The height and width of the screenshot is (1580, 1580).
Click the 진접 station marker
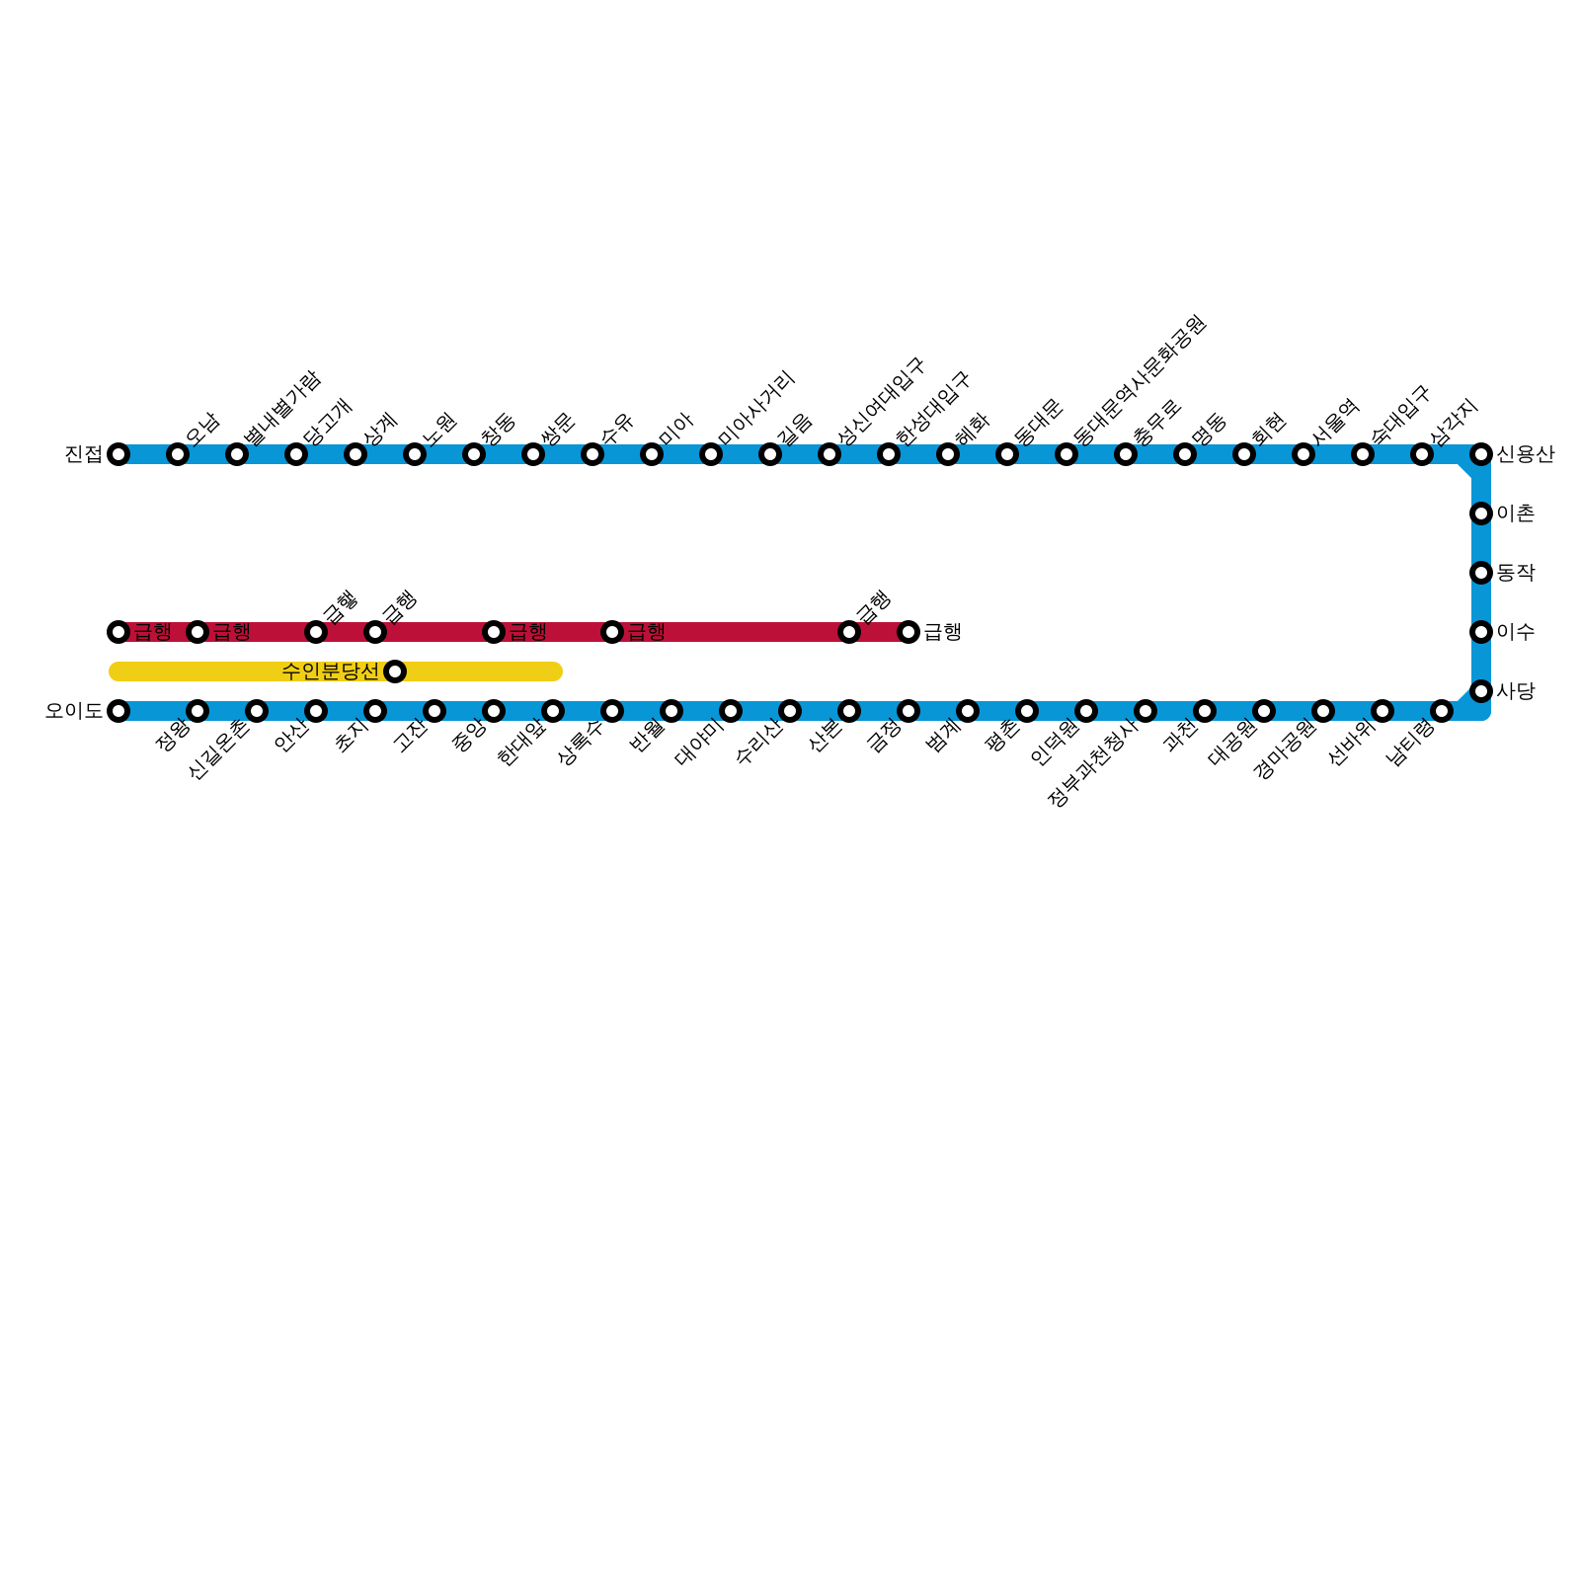pos(118,454)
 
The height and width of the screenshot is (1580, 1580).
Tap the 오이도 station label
pos(74,711)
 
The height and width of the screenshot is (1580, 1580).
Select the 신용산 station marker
pos(1481,454)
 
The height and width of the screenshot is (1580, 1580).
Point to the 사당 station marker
pos(1481,691)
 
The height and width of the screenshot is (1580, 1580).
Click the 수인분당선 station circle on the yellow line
pos(395,671)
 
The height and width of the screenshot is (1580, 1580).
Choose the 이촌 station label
pos(1516,513)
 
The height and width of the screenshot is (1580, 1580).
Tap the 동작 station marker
pos(1481,573)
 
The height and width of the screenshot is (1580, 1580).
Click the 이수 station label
pos(1516,632)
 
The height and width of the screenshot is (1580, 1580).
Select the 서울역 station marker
pos(1303,454)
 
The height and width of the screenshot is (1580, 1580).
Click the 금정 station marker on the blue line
pos(908,711)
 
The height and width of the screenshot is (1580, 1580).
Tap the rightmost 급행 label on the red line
pos(943,632)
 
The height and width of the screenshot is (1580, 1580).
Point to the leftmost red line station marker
pos(118,632)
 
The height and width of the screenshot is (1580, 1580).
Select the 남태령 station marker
pos(1442,711)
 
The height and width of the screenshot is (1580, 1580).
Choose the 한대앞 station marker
pos(553,711)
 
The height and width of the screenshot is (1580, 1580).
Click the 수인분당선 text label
pos(330,671)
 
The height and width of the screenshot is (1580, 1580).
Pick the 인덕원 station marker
pos(1086,711)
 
